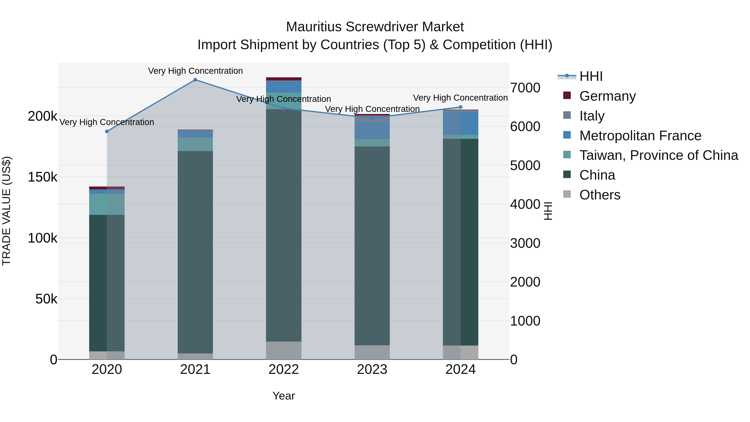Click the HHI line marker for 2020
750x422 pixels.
107,131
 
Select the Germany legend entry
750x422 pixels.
607,96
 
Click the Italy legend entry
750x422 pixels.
592,116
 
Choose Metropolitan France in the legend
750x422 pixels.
640,136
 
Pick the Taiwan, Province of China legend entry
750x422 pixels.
659,155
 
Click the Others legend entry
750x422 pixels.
600,195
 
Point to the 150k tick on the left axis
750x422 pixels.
42,177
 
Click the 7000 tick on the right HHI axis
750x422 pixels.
525,88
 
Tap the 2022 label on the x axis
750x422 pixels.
284,369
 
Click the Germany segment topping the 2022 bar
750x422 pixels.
284,79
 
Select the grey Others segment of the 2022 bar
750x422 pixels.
284,350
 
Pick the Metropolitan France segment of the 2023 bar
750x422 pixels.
372,130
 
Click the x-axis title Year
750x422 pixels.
284,396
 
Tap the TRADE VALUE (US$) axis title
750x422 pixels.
6,211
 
